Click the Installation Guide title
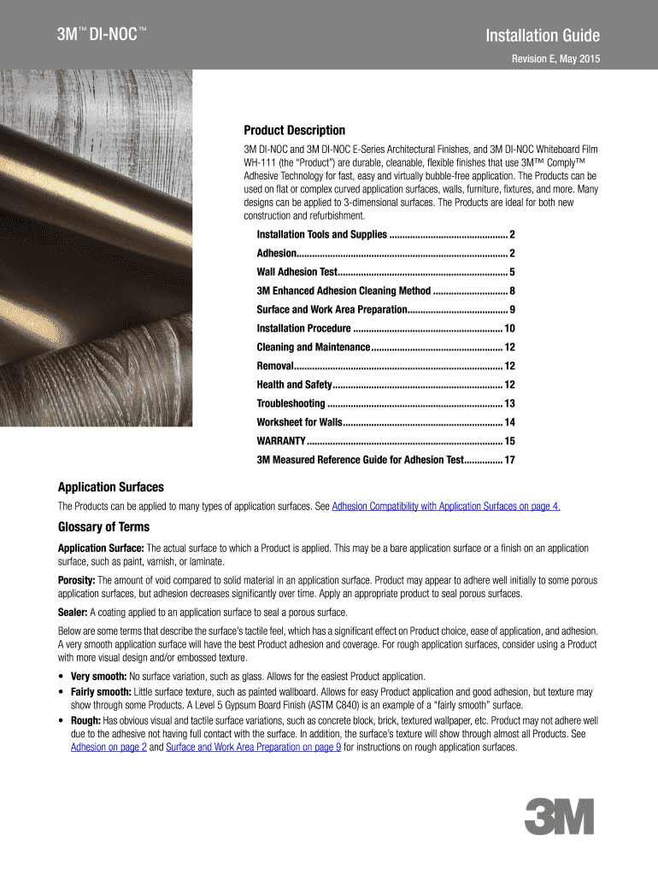click(x=543, y=36)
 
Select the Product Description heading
click(x=295, y=131)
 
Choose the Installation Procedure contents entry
click(x=304, y=329)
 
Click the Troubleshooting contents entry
click(x=291, y=403)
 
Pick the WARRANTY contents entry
click(x=281, y=441)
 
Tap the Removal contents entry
click(x=275, y=366)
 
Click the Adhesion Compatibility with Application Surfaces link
click(x=446, y=507)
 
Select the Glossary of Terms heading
click(x=103, y=526)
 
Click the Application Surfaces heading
click(x=110, y=487)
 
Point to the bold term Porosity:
click(x=77, y=580)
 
